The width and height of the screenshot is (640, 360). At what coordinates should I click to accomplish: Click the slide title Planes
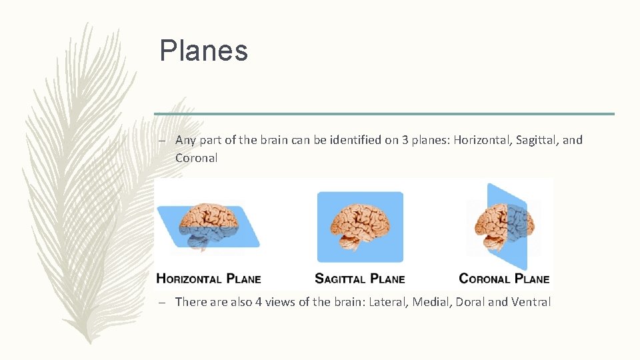[203, 51]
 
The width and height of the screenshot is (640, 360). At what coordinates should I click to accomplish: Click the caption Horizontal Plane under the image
[208, 279]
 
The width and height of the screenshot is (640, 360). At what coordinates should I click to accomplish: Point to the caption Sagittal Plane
[359, 279]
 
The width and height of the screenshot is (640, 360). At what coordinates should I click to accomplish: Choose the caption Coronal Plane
[504, 279]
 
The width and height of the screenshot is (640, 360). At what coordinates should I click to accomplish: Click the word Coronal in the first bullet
[196, 158]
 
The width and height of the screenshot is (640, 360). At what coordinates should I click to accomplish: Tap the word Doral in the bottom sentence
[471, 302]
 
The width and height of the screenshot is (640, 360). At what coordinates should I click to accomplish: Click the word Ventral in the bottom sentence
[531, 302]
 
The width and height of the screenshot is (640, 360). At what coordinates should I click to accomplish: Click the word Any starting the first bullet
[185, 141]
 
